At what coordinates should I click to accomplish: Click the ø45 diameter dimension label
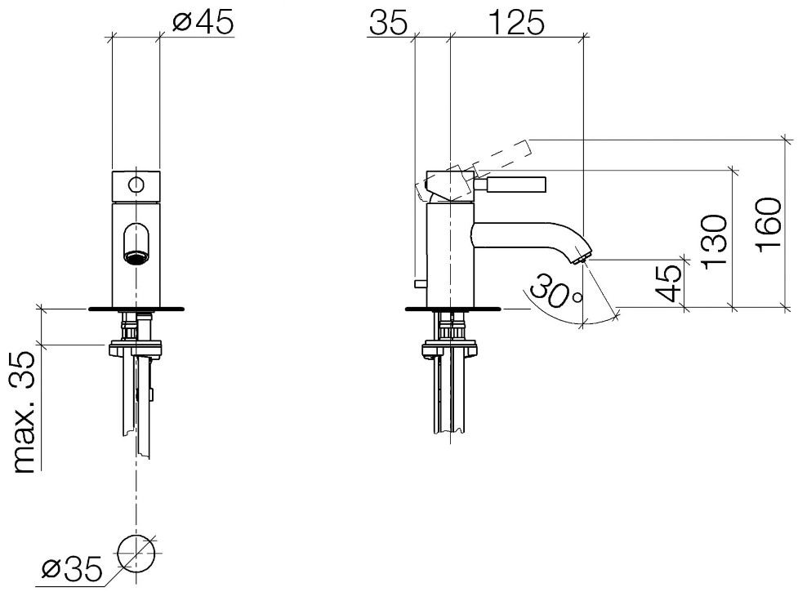click(x=203, y=22)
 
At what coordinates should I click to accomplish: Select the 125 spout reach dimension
click(x=516, y=24)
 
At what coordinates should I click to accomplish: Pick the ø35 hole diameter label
click(x=72, y=570)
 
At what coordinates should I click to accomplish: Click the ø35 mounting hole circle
click(x=136, y=553)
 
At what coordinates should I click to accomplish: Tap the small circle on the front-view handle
click(x=136, y=185)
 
